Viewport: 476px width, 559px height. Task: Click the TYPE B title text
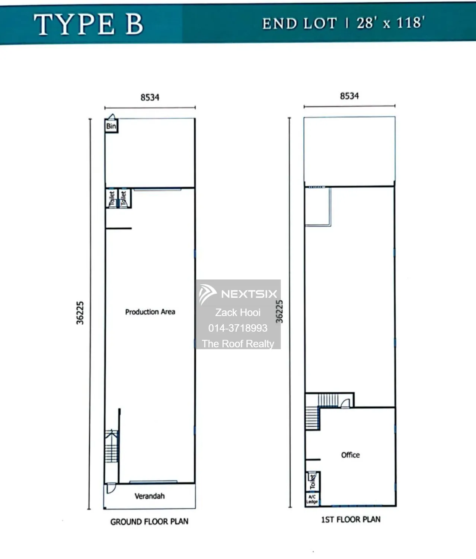click(x=88, y=24)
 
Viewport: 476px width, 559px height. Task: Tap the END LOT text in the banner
click(x=300, y=23)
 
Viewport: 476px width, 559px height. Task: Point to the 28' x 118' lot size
click(x=390, y=22)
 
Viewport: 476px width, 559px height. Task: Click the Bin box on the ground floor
click(x=111, y=126)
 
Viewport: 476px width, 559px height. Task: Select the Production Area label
click(x=150, y=312)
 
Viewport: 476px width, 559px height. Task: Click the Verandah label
click(x=150, y=496)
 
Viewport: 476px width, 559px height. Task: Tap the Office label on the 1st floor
click(x=350, y=455)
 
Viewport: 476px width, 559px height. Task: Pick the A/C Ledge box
click(x=312, y=499)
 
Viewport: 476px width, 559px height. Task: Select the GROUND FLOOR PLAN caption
click(x=149, y=521)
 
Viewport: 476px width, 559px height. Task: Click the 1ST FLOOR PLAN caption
click(x=351, y=519)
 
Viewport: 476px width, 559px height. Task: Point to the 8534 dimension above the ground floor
click(x=150, y=97)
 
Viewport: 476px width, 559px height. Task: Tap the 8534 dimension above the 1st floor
click(x=349, y=96)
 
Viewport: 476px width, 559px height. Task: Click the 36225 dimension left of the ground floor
click(x=80, y=313)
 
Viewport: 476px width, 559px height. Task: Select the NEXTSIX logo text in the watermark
click(x=249, y=294)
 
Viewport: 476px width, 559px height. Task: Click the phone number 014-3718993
click(x=238, y=328)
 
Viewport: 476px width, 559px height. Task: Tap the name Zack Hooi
click(x=238, y=313)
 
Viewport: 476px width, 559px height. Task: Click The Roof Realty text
click(x=238, y=344)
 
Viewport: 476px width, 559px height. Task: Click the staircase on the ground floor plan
click(x=112, y=446)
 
